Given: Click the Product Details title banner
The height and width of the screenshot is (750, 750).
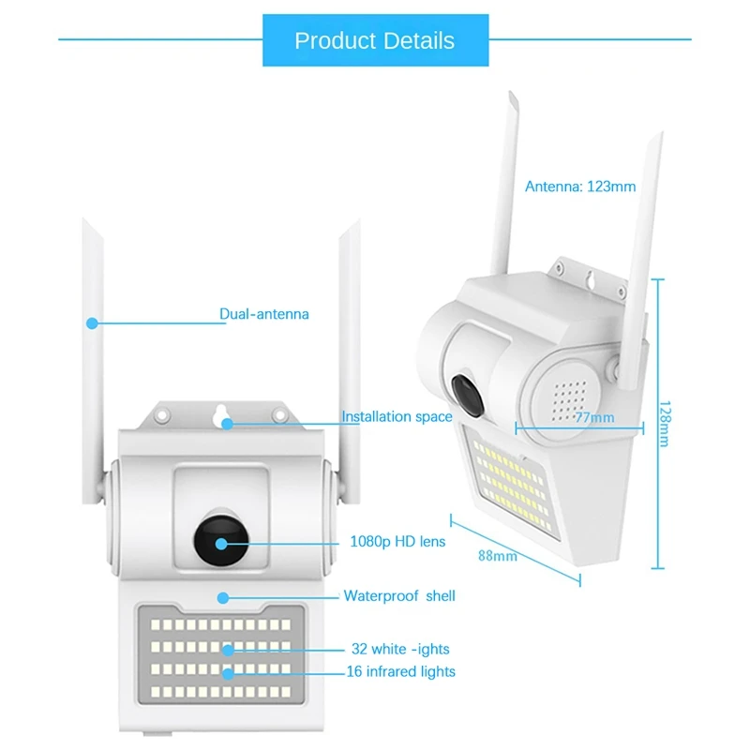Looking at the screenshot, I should pyautogui.click(x=374, y=40).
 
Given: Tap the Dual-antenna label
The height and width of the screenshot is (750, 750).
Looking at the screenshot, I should pyautogui.click(x=263, y=314).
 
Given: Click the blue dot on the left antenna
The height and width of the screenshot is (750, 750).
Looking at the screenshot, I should pyautogui.click(x=92, y=322).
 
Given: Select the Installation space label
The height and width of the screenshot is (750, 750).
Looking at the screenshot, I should pyautogui.click(x=397, y=416).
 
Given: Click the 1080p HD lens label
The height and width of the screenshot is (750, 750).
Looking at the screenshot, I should pyautogui.click(x=397, y=541).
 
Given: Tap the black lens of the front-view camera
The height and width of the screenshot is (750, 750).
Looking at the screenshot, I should pyautogui.click(x=222, y=541).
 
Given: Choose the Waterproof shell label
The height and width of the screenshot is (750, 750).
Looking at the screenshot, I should pyautogui.click(x=399, y=595).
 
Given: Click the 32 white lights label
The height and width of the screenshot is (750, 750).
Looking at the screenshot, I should pyautogui.click(x=400, y=648).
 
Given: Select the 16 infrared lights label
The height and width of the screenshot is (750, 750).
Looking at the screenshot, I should pyautogui.click(x=401, y=671).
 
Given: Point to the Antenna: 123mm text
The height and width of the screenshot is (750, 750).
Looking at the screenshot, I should pyautogui.click(x=580, y=186).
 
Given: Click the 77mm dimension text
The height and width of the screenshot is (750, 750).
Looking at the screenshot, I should pyautogui.click(x=595, y=416).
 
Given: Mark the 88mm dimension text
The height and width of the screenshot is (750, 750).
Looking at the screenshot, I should pyautogui.click(x=498, y=555).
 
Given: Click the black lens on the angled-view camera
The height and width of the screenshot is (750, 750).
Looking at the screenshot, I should pyautogui.click(x=464, y=392).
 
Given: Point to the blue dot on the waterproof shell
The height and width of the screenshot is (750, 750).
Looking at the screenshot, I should pyautogui.click(x=223, y=596).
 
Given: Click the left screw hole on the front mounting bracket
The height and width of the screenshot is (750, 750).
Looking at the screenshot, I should pyautogui.click(x=161, y=413).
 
